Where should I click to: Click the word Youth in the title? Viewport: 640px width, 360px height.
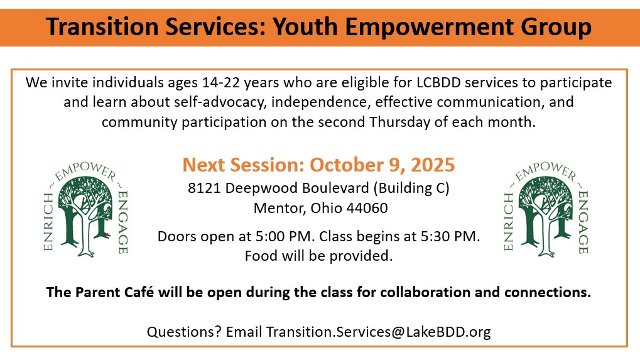[305, 27]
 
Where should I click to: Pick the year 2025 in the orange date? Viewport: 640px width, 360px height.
[433, 165]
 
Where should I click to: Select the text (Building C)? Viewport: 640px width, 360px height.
[411, 188]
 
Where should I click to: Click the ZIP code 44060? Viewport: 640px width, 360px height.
[367, 208]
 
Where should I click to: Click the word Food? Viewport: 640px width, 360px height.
[259, 256]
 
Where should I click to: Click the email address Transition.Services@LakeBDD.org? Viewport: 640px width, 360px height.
[378, 332]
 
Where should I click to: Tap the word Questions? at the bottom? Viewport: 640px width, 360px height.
[184, 332]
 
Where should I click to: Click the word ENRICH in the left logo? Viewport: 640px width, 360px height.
[48, 222]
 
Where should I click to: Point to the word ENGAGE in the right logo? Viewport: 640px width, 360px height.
[583, 222]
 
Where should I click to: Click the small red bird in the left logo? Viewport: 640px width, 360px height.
[107, 234]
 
